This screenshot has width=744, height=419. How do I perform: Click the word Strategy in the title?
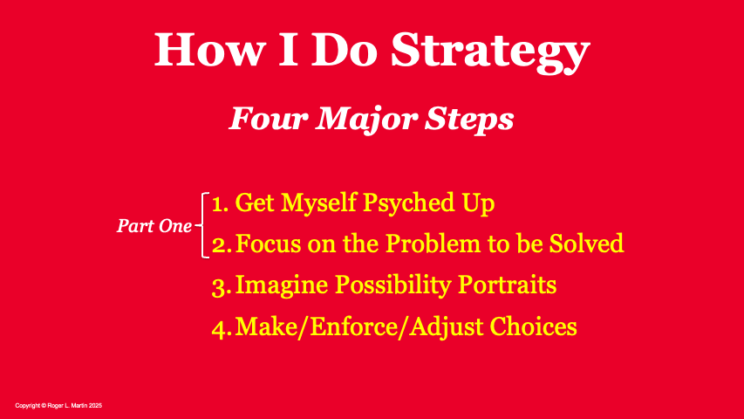pyautogui.click(x=490, y=52)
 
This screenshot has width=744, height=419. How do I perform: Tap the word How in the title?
pyautogui.click(x=208, y=50)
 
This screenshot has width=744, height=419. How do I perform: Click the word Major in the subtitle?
pyautogui.click(x=366, y=120)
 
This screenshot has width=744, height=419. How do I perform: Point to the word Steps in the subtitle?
pyautogui.click(x=468, y=120)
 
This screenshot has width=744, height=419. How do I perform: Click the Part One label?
pyautogui.click(x=154, y=226)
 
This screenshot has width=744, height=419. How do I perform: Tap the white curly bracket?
pyautogui.click(x=202, y=225)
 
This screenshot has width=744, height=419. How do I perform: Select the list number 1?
pyautogui.click(x=220, y=203)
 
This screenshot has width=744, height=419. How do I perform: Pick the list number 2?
pyautogui.click(x=222, y=245)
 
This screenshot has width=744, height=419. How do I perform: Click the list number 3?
pyautogui.click(x=222, y=287)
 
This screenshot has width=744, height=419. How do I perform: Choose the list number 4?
pyautogui.click(x=222, y=328)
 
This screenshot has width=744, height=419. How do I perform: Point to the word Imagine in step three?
pyautogui.click(x=282, y=286)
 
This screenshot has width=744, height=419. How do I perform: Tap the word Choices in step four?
pyautogui.click(x=533, y=326)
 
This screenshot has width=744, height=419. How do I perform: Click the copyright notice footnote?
pyautogui.click(x=58, y=406)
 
